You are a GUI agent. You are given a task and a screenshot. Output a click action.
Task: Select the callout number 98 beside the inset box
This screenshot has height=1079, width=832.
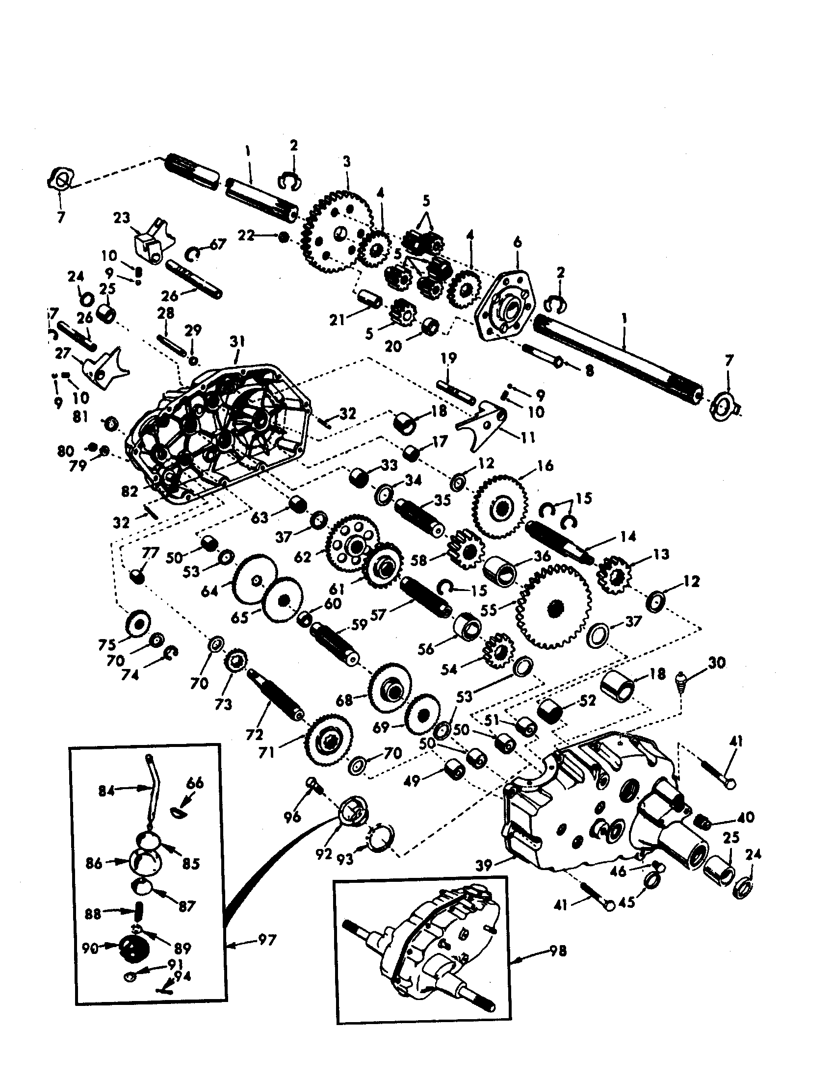[x=558, y=951]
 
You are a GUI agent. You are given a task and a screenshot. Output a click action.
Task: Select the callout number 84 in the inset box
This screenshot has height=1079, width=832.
[x=107, y=791]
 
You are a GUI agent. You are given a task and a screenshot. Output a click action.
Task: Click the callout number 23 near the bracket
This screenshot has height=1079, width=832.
[x=121, y=218]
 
